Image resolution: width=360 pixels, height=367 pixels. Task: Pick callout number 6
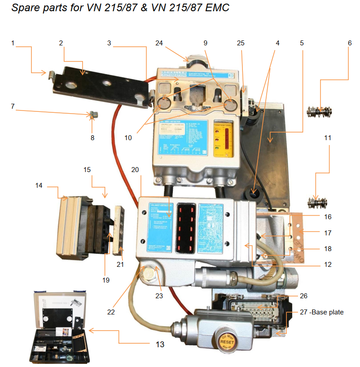[350, 44]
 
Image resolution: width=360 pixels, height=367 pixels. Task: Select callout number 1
[13, 44]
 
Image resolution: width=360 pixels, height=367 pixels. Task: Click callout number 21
[120, 264]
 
